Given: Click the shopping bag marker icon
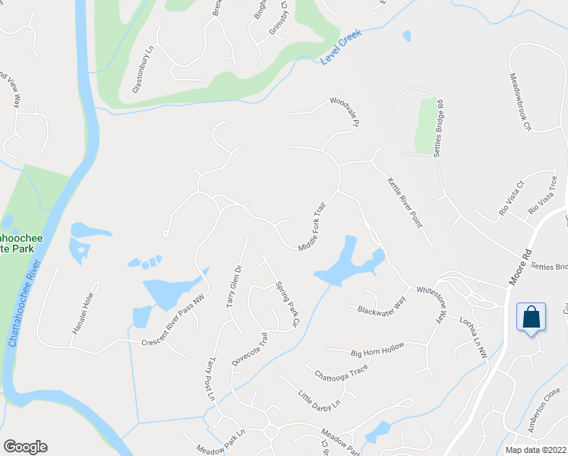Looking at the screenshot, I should click(x=532, y=316).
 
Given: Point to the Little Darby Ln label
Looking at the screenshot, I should click(x=317, y=400).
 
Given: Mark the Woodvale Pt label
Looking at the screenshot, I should click(x=342, y=112).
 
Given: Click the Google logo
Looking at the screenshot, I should click(x=25, y=447).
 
